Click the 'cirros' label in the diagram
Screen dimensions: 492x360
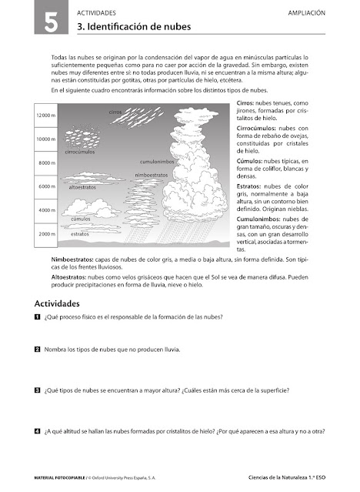[x=115, y=112]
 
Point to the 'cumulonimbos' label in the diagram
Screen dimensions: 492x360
[x=158, y=162]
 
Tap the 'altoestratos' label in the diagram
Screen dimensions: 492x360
[x=82, y=186]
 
